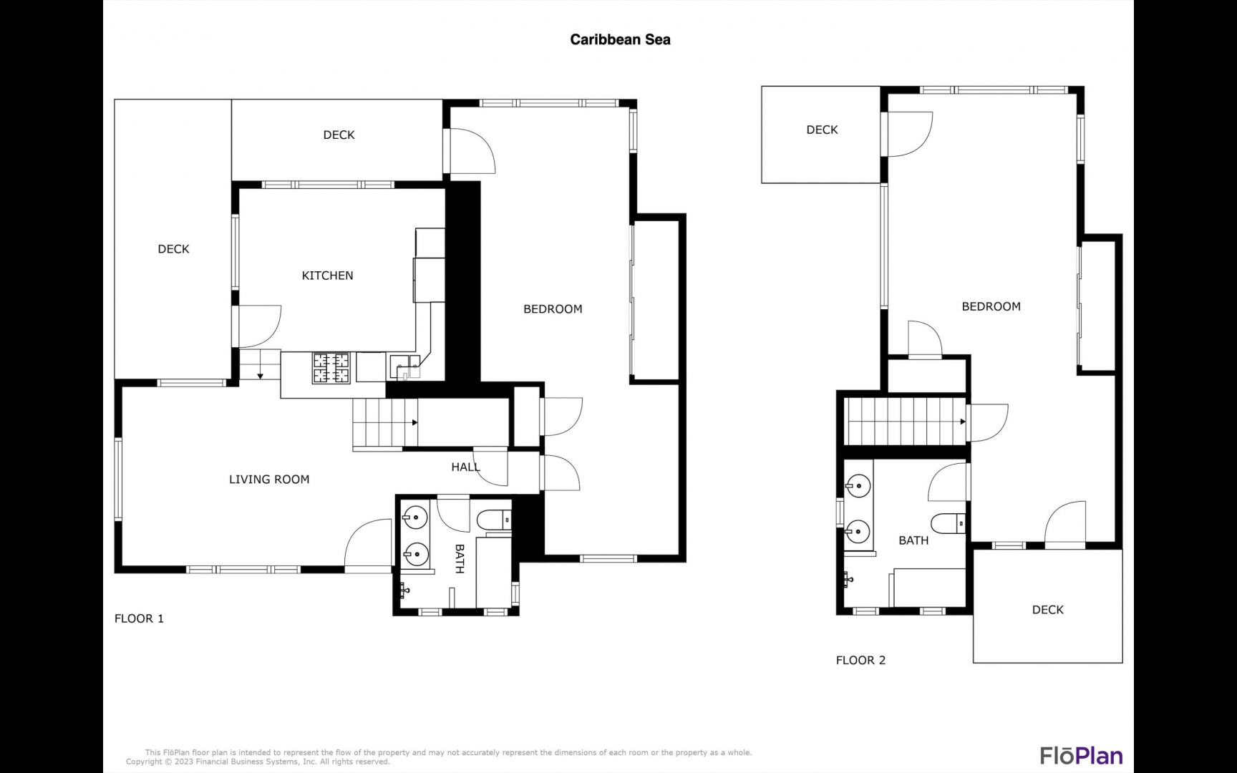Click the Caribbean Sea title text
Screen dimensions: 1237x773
click(x=620, y=40)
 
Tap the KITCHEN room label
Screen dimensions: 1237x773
click(x=327, y=276)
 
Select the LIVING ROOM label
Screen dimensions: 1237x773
click(x=269, y=480)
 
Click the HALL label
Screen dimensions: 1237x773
click(x=465, y=467)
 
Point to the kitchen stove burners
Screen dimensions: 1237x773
click(x=331, y=368)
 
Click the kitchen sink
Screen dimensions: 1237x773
click(x=405, y=366)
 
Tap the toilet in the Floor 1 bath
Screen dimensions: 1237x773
click(x=495, y=520)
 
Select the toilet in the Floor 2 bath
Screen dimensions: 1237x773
click(x=949, y=524)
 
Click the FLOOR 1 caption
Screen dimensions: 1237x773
click(x=139, y=618)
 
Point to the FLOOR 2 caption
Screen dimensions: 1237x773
click(x=860, y=660)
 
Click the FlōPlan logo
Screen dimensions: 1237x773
click(x=1081, y=755)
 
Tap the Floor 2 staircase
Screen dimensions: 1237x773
click(x=906, y=422)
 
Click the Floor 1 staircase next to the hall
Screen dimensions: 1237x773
click(x=385, y=423)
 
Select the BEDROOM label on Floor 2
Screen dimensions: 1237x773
click(x=991, y=306)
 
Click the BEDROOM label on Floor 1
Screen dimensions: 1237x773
click(x=553, y=309)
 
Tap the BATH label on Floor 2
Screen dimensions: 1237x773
click(x=913, y=540)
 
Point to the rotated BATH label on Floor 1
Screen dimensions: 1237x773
click(x=460, y=559)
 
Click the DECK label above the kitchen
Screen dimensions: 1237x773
click(x=339, y=135)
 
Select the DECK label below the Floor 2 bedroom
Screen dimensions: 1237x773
click(x=1047, y=610)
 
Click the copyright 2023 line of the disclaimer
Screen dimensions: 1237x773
click(x=258, y=762)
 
